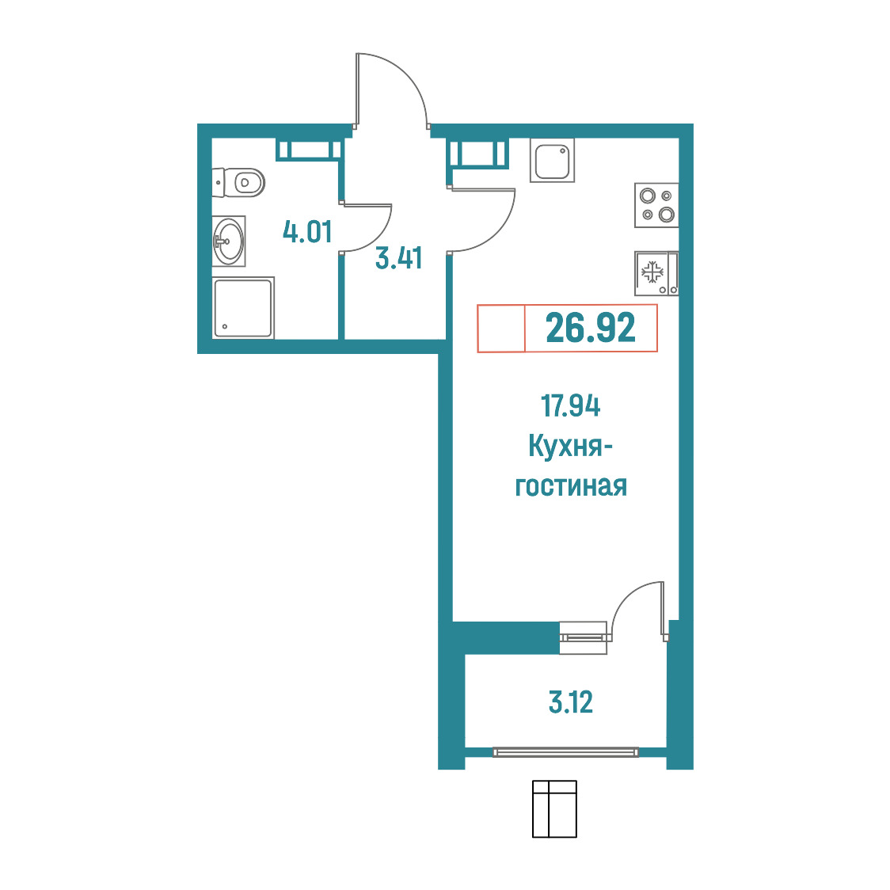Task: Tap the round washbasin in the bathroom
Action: (x=229, y=241)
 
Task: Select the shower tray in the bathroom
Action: (x=243, y=308)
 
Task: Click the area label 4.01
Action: (x=307, y=231)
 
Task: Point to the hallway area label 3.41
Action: (x=398, y=257)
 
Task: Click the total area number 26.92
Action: (x=591, y=328)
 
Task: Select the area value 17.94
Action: (x=570, y=406)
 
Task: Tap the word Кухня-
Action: (x=570, y=446)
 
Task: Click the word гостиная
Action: (x=570, y=487)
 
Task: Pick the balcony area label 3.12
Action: (x=570, y=702)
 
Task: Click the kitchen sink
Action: (x=552, y=161)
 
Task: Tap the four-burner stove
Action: (x=656, y=205)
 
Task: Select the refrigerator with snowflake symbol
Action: (x=656, y=274)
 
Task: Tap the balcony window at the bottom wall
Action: (x=565, y=752)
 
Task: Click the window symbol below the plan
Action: (x=554, y=808)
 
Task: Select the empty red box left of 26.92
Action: (x=501, y=328)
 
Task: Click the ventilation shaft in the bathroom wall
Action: (x=308, y=150)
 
